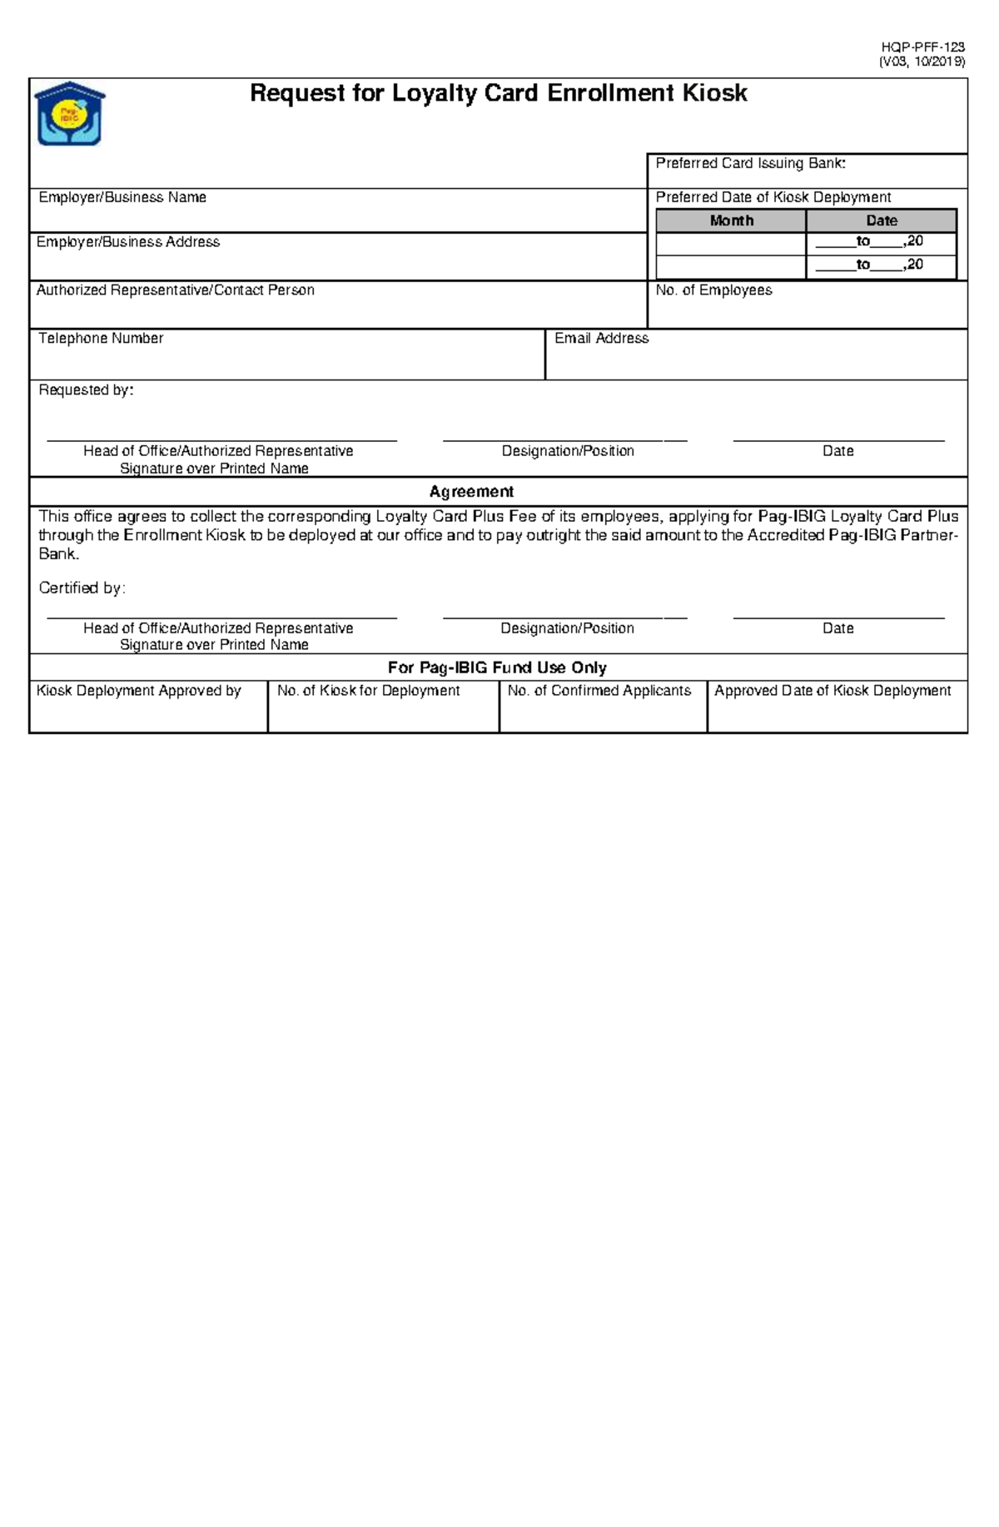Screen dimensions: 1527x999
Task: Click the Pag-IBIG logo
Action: click(69, 114)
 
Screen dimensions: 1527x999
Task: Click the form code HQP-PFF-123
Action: click(923, 47)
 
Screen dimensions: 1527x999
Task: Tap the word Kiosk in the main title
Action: click(714, 93)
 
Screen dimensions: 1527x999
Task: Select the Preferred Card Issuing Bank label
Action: click(750, 164)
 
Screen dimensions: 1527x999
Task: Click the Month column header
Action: click(731, 221)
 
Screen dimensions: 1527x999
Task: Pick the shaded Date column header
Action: click(881, 221)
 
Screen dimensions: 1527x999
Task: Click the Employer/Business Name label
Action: click(122, 198)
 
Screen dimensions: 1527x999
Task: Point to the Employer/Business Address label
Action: click(128, 242)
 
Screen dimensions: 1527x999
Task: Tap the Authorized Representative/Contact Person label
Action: click(175, 290)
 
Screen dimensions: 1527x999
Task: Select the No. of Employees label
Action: click(713, 290)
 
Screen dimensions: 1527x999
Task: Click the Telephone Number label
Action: click(101, 339)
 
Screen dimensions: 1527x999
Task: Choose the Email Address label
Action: click(601, 339)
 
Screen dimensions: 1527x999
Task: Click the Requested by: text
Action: click(86, 390)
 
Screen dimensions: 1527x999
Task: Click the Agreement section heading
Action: click(471, 492)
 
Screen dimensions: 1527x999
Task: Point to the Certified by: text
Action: click(82, 588)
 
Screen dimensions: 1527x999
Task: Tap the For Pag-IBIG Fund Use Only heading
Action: click(497, 668)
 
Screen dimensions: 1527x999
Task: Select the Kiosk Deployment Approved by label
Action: click(138, 692)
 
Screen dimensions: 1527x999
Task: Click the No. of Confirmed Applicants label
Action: click(599, 692)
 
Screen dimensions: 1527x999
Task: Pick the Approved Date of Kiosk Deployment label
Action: click(832, 692)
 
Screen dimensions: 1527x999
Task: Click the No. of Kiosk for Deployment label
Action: click(368, 692)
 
